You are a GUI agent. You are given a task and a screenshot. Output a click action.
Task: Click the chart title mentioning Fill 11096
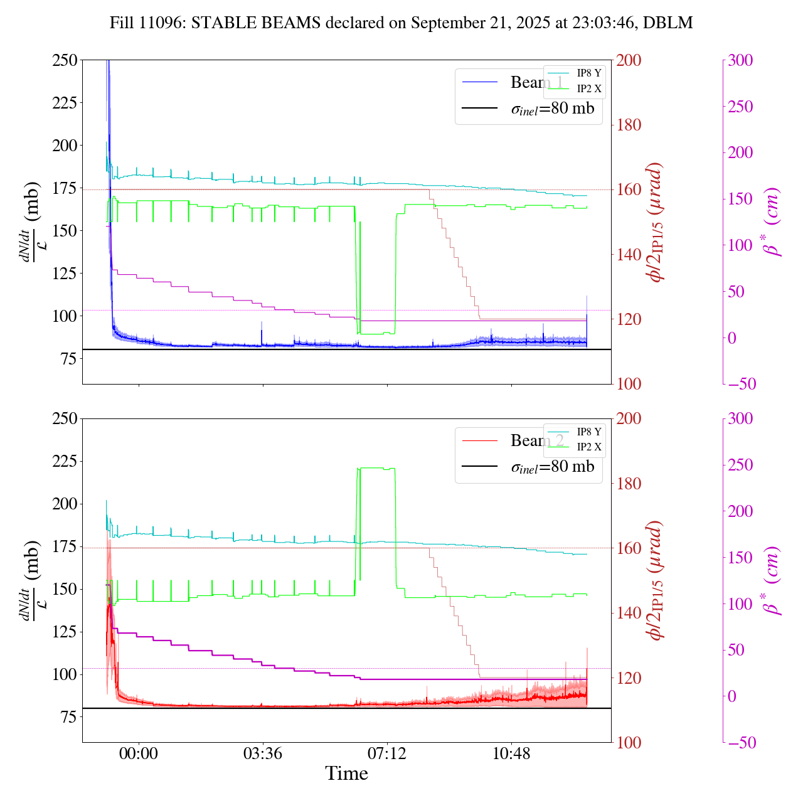pos(401,23)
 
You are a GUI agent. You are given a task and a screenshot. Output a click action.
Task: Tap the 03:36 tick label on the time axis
pos(262,753)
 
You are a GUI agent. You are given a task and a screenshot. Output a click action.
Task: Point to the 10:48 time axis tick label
pos(511,753)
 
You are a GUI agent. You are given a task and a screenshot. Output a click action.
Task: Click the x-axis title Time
pos(346,774)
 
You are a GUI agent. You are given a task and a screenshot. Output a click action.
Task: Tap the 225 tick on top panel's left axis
pos(65,102)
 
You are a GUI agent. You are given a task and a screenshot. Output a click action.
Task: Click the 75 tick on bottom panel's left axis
pos(70,717)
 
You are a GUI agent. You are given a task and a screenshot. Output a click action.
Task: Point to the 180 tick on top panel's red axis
pos(629,125)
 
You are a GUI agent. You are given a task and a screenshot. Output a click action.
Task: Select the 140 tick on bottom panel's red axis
pos(629,613)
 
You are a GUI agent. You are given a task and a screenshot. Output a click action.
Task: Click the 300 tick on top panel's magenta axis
pos(740,60)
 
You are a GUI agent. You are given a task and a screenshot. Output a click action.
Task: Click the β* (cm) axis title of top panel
pos(773,222)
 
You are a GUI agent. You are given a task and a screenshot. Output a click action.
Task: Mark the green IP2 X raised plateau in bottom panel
pos(376,468)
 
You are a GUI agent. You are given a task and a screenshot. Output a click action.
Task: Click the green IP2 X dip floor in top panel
pos(376,334)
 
